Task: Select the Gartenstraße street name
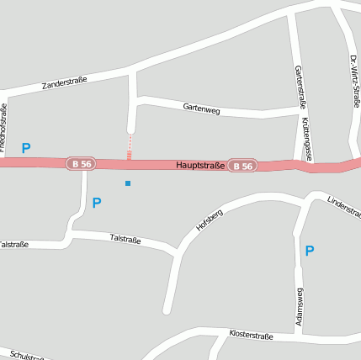pyautogui.click(x=297, y=87)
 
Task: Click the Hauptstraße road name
pyautogui.click(x=200, y=166)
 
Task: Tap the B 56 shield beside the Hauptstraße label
pyautogui.click(x=242, y=166)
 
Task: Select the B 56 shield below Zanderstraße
pyautogui.click(x=82, y=164)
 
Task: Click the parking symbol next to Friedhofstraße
pyautogui.click(x=26, y=148)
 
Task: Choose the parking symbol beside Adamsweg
pyautogui.click(x=310, y=250)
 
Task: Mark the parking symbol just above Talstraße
pyautogui.click(x=97, y=203)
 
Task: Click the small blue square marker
pyautogui.click(x=128, y=183)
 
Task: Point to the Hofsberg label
pyautogui.click(x=209, y=219)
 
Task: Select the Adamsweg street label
pyautogui.click(x=300, y=307)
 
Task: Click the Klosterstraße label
pyautogui.click(x=251, y=335)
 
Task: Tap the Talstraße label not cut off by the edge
pyautogui.click(x=126, y=239)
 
